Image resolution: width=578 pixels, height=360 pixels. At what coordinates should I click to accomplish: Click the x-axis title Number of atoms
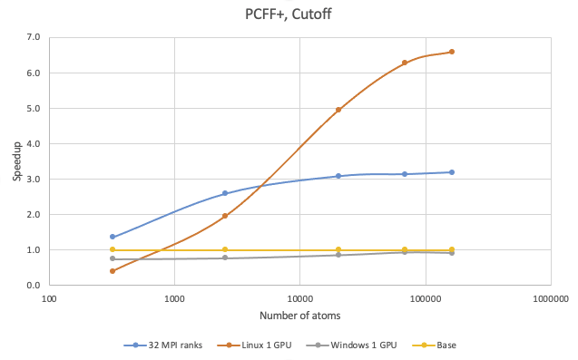point(299,315)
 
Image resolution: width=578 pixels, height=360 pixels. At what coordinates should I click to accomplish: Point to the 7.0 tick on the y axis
point(34,37)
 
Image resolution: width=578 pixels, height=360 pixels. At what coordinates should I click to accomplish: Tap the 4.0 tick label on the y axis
point(34,143)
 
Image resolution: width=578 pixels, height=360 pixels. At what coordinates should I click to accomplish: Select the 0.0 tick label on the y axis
point(34,285)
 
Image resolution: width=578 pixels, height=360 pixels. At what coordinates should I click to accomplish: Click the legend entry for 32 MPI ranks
point(164,345)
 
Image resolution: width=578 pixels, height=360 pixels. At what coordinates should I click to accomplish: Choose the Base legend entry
point(436,345)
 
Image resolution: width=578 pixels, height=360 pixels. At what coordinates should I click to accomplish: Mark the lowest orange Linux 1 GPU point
point(112,271)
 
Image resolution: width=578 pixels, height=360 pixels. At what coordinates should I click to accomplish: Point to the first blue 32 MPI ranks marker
point(112,237)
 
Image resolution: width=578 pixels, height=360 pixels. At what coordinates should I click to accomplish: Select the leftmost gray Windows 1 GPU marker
point(112,258)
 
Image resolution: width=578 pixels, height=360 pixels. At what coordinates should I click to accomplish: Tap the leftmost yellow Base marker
point(112,249)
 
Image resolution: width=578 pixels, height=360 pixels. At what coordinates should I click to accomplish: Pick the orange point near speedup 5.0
point(338,110)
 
